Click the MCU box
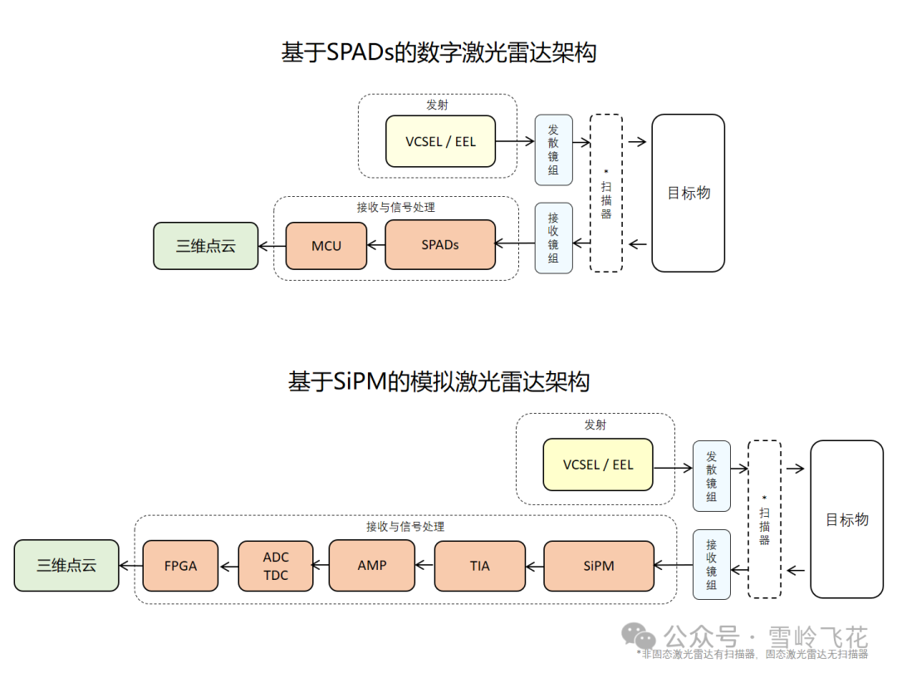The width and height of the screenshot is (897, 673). [326, 246]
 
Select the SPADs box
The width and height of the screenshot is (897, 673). [440, 245]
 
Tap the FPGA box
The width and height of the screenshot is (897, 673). [180, 566]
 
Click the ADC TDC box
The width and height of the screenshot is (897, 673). [276, 566]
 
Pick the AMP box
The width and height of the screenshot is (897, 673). [372, 565]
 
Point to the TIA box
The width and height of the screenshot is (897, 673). [480, 566]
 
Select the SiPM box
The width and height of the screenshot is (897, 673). [599, 566]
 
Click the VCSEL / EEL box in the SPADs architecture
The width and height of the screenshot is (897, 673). [440, 141]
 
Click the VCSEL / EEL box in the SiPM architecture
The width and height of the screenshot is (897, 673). [598, 465]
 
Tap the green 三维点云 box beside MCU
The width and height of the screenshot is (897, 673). [206, 246]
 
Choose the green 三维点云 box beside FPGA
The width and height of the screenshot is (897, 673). [66, 566]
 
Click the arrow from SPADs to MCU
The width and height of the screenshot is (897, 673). [375, 245]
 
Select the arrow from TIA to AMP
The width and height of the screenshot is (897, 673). [424, 566]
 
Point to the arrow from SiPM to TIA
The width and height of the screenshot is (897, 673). [535, 566]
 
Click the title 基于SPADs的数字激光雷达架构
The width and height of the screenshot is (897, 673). [439, 53]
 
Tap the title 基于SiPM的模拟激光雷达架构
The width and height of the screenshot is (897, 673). [439, 382]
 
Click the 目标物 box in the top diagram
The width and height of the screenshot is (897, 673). [689, 193]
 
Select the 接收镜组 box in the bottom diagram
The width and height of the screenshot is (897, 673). [712, 564]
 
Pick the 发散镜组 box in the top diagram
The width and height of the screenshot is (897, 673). [553, 150]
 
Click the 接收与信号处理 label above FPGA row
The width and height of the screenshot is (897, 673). [405, 527]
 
